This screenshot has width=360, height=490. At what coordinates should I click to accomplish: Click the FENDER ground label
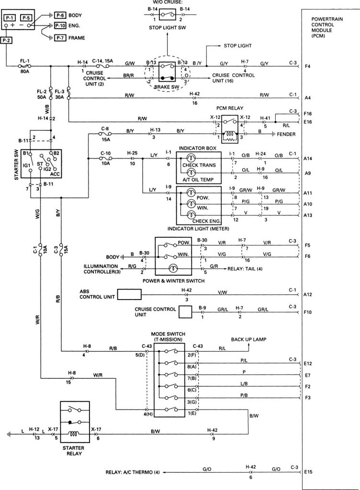click(286, 134)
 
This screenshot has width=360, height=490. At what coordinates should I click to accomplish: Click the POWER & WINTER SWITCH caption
click(174, 280)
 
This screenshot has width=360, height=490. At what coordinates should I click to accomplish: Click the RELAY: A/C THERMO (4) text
click(133, 472)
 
